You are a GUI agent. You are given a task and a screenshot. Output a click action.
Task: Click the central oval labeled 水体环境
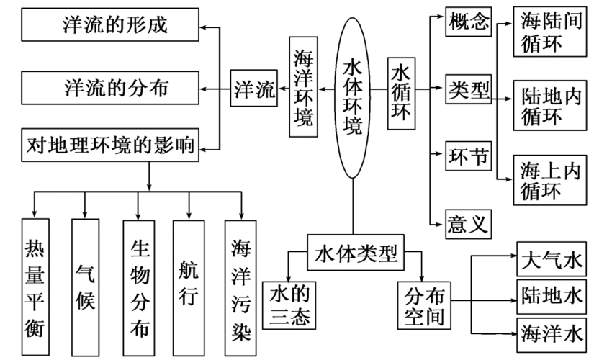(353, 97)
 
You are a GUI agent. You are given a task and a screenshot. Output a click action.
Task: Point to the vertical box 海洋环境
(303, 89)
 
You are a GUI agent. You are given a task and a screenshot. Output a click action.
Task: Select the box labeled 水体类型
(356, 253)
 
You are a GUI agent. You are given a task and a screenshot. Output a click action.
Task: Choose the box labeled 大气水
(551, 257)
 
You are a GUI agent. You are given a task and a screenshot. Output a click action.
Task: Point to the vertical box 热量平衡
(35, 289)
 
